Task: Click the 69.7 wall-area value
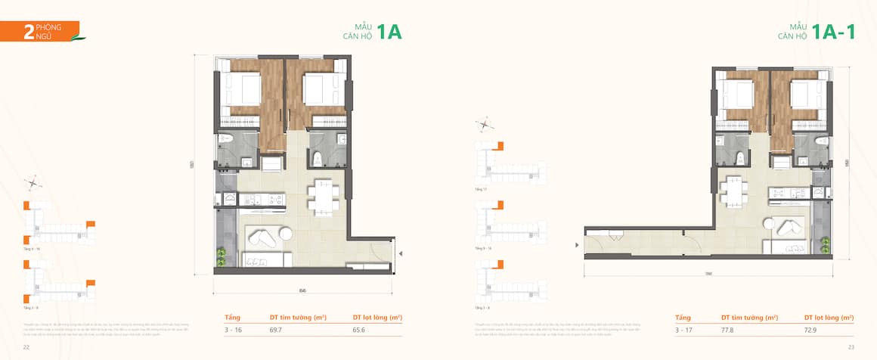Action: (x=277, y=330)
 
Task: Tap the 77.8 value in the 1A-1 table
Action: (x=729, y=330)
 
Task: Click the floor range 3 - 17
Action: (x=683, y=330)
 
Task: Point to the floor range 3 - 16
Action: (x=232, y=330)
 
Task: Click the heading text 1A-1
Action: (x=833, y=32)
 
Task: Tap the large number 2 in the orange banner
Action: (x=28, y=31)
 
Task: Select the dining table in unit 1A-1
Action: (x=732, y=190)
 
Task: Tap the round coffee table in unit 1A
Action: (x=284, y=234)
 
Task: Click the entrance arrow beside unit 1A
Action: (x=401, y=254)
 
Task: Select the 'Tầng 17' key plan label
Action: (x=479, y=189)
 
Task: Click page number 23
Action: (x=851, y=347)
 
